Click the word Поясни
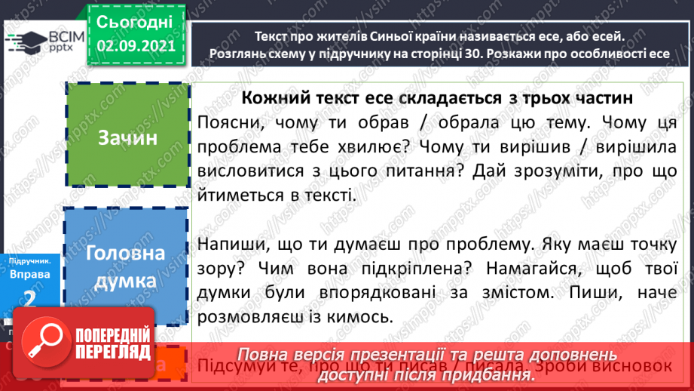[223, 122]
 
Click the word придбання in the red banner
[480, 373]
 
